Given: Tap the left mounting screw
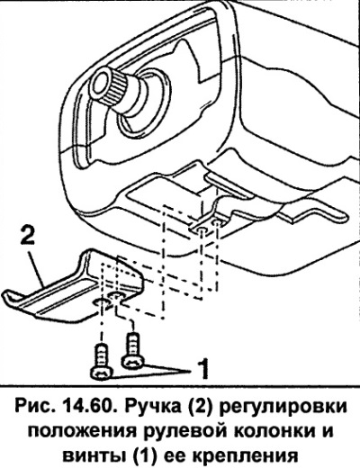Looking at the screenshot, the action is (x=102, y=363).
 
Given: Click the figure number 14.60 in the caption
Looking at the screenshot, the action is (x=85, y=407).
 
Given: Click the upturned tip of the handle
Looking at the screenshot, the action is (x=8, y=294).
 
